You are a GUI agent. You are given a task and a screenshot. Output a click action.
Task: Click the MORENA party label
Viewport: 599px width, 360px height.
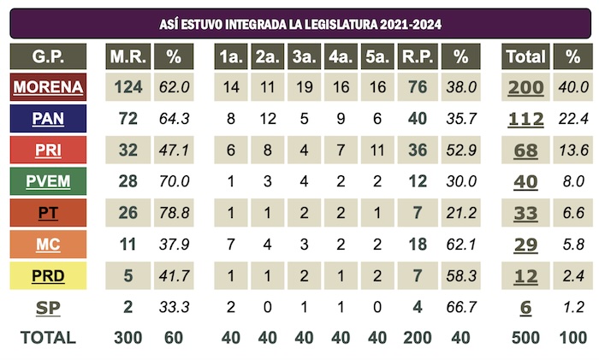(x=48, y=87)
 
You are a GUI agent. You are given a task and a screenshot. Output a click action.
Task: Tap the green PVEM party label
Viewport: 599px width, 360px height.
(x=48, y=182)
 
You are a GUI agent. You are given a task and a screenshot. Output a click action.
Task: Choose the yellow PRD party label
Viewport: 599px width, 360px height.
(x=48, y=276)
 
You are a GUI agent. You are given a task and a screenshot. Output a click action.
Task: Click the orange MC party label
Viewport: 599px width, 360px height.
(x=48, y=245)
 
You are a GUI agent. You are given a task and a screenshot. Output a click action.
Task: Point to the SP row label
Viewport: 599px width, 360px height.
(x=48, y=307)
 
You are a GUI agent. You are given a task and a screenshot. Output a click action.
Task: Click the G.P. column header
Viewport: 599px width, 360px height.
(x=48, y=57)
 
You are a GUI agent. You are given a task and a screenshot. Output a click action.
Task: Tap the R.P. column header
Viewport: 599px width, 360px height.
(x=416, y=57)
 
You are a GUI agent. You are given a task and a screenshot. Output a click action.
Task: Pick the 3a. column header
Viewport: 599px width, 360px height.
(x=304, y=57)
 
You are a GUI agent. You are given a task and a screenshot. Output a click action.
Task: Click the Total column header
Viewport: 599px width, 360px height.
(x=525, y=57)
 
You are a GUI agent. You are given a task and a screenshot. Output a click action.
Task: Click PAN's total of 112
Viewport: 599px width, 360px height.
(x=525, y=120)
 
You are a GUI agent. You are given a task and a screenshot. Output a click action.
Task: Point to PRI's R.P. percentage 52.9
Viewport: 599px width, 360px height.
(x=461, y=150)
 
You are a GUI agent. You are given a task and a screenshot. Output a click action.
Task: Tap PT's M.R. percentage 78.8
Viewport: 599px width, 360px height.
(x=175, y=214)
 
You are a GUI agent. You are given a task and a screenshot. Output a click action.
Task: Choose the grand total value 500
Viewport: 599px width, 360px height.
(x=525, y=337)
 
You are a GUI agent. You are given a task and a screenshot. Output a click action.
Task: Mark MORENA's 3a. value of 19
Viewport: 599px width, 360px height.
(x=304, y=88)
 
